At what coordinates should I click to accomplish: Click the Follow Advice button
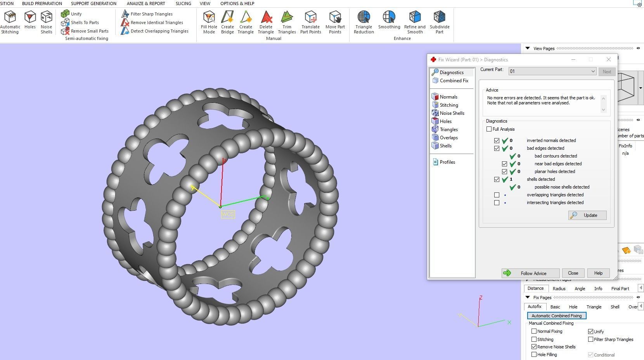pyautogui.click(x=530, y=273)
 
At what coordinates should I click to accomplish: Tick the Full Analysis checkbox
pyautogui.click(x=489, y=129)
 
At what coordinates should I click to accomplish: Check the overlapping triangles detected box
pyautogui.click(x=497, y=195)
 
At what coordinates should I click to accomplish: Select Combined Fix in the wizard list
pyautogui.click(x=454, y=81)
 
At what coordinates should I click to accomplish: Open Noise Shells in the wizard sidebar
pyautogui.click(x=452, y=113)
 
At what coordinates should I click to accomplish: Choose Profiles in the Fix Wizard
pyautogui.click(x=447, y=162)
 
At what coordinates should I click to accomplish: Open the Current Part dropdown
pyautogui.click(x=592, y=71)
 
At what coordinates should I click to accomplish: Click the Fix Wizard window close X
pyautogui.click(x=608, y=59)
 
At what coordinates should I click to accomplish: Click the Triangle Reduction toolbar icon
pyautogui.click(x=364, y=22)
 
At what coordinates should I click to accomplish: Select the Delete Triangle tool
pyautogui.click(x=266, y=22)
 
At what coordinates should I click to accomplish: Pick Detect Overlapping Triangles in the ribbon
pyautogui.click(x=159, y=31)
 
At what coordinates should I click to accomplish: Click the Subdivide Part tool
pyautogui.click(x=439, y=22)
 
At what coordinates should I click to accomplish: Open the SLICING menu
pyautogui.click(x=183, y=3)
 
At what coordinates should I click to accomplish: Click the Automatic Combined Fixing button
pyautogui.click(x=556, y=316)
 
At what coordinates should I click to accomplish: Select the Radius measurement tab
pyautogui.click(x=559, y=289)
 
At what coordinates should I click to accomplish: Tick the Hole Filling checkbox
pyautogui.click(x=534, y=355)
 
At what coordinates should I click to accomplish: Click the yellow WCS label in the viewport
pyautogui.click(x=228, y=214)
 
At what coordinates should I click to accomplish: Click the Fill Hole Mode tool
pyautogui.click(x=209, y=22)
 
